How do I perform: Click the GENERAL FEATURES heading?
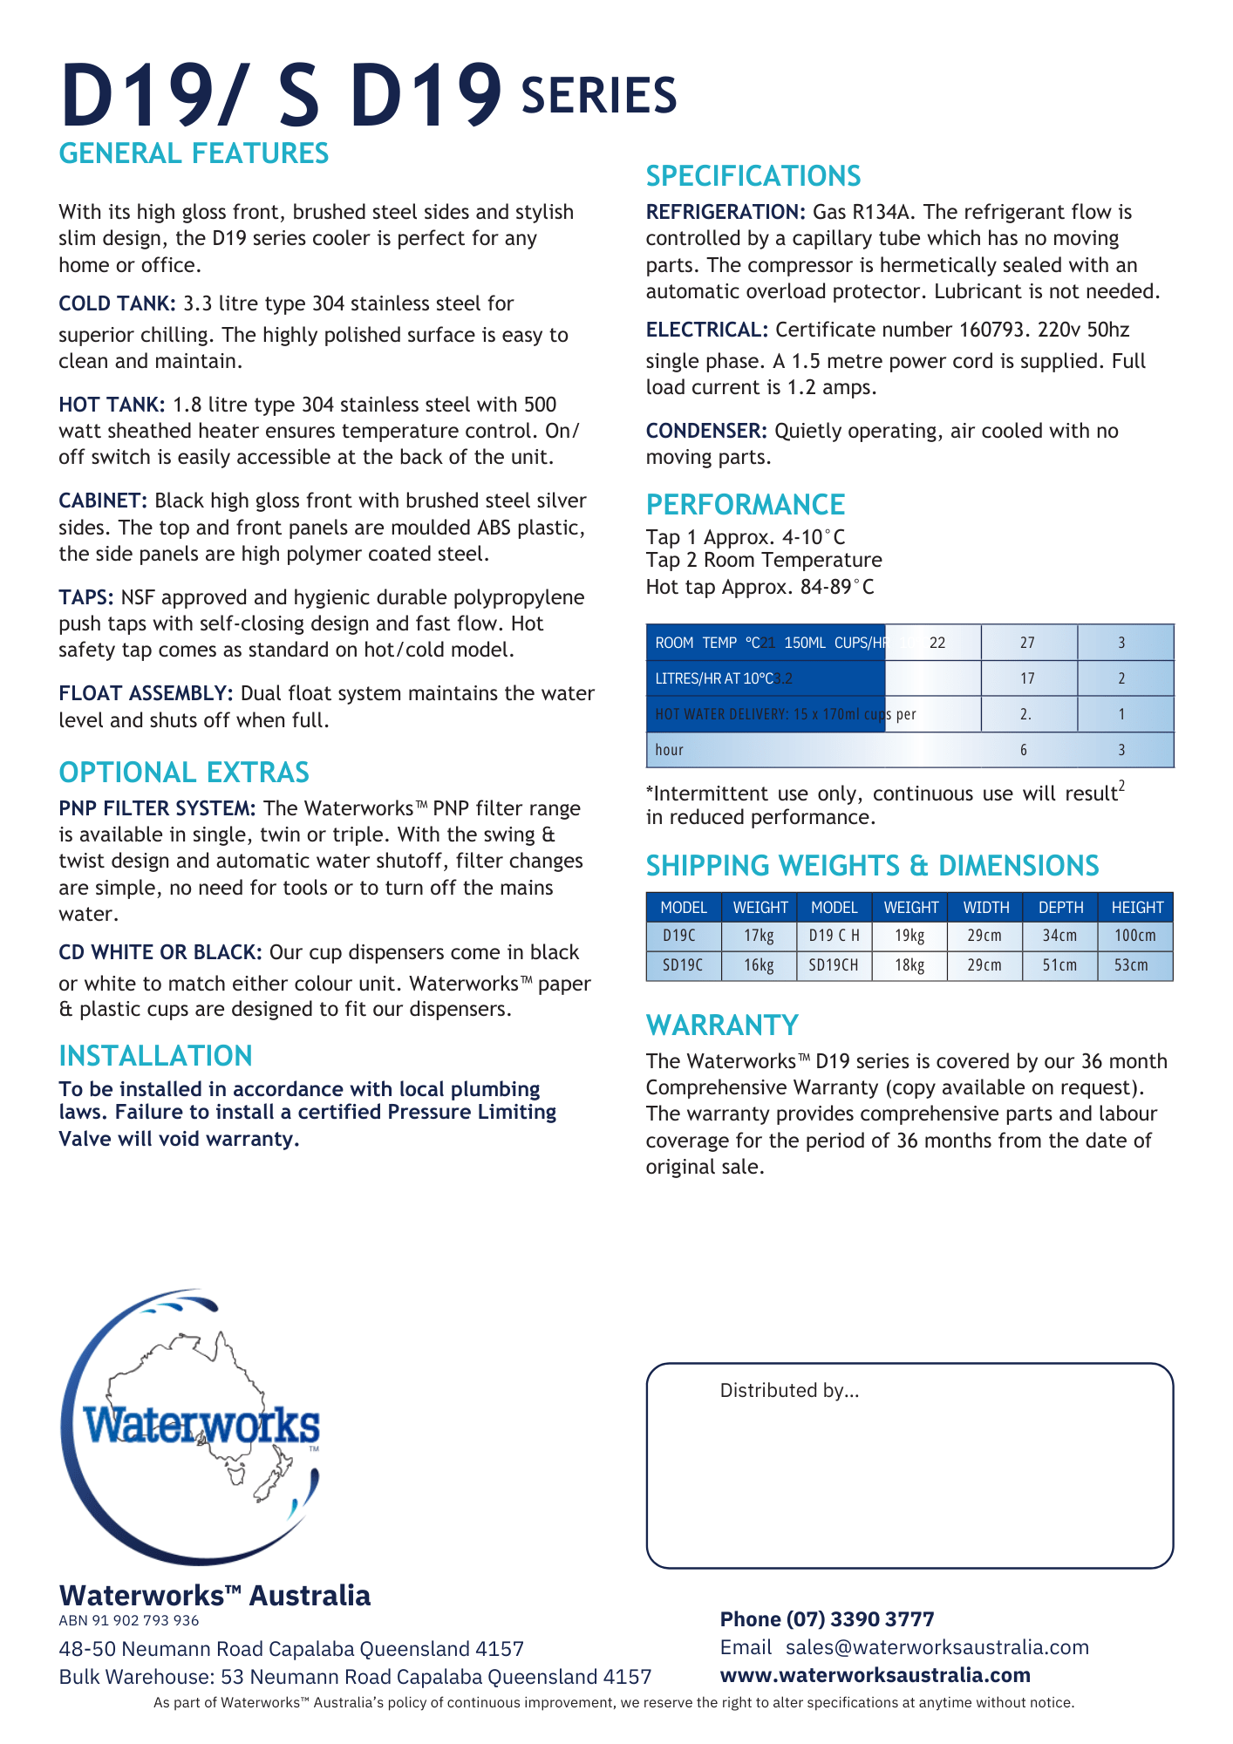[x=194, y=153]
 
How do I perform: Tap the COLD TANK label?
[x=117, y=303]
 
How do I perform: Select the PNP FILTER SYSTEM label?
[x=157, y=808]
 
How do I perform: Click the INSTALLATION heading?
[x=155, y=1056]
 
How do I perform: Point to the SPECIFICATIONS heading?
[x=753, y=176]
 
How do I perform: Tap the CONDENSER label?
[x=705, y=431]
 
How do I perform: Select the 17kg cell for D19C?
[x=759, y=936]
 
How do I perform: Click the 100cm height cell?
[x=1134, y=936]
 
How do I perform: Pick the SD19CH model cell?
[x=833, y=965]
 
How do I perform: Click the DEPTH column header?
[x=1060, y=908]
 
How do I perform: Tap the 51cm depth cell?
[x=1059, y=965]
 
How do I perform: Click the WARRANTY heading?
[x=722, y=1025]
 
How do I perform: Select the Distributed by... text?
[x=789, y=1391]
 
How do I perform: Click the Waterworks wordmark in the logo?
[x=201, y=1427]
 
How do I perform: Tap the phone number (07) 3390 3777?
[x=860, y=1619]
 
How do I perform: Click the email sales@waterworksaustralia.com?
[x=937, y=1647]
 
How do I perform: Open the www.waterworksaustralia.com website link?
[x=875, y=1675]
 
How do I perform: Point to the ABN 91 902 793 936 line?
[x=129, y=1621]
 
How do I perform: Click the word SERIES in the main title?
[x=598, y=96]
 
